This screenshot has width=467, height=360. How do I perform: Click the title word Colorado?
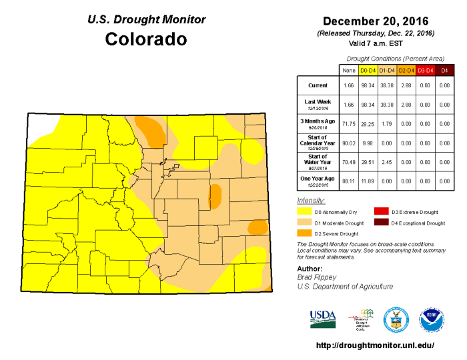tap(146, 39)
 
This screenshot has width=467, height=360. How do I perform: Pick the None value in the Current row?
tap(348, 86)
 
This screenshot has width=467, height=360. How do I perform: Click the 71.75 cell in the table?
tap(348, 124)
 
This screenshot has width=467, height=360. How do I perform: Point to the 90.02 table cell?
tap(348, 143)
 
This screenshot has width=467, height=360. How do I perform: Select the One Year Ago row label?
tap(317, 180)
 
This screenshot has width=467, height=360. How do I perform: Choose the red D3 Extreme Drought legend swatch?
tap(381, 211)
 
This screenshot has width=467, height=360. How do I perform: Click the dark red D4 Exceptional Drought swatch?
tap(381, 223)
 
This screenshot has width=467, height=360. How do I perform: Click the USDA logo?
tap(323, 318)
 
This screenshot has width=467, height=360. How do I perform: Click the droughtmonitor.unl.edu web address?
tap(374, 345)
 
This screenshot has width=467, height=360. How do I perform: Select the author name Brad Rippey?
tap(316, 276)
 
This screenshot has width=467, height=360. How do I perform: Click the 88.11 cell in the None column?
tap(348, 180)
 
